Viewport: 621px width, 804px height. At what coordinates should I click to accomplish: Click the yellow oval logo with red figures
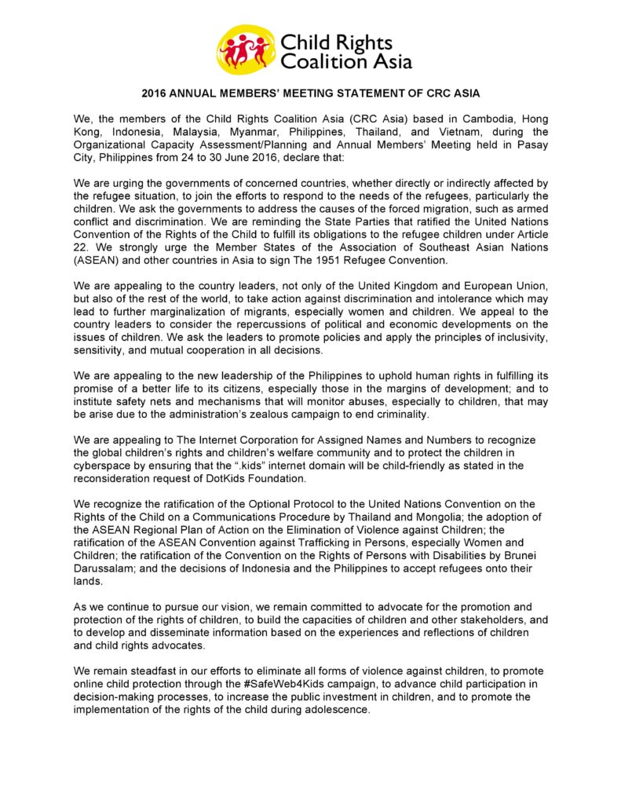coord(246,49)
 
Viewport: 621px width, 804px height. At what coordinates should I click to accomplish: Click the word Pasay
coord(531,145)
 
